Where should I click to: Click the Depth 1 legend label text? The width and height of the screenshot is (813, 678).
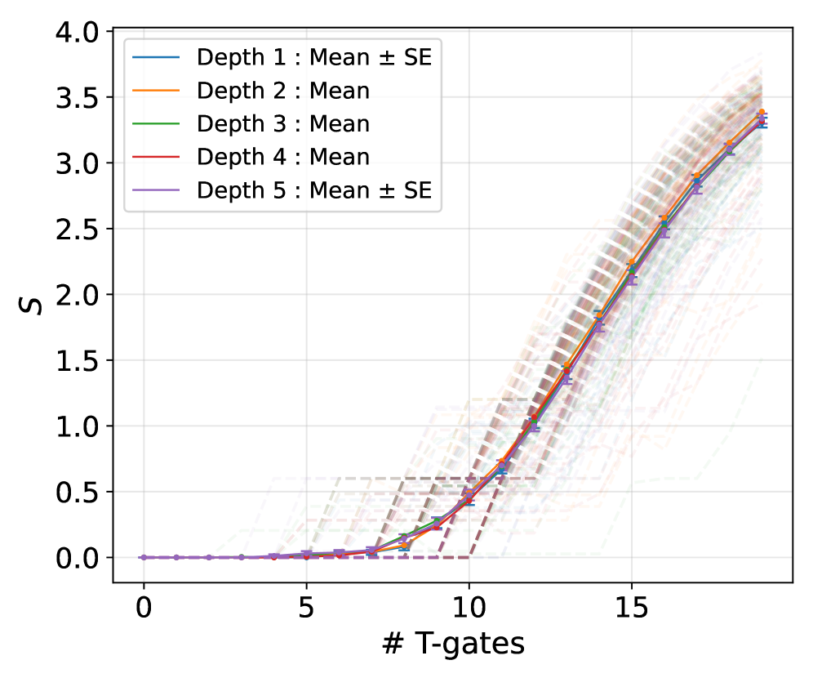[x=313, y=57]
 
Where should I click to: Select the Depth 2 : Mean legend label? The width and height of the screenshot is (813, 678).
[x=283, y=91]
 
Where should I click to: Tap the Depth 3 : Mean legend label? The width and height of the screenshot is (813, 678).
[x=283, y=124]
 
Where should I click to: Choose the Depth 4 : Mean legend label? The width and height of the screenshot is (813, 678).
[x=283, y=157]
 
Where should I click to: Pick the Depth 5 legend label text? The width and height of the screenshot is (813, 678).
[x=313, y=190]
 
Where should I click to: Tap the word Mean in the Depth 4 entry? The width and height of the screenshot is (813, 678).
[x=337, y=157]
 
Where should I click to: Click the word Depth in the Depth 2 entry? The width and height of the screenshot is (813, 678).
[x=226, y=91]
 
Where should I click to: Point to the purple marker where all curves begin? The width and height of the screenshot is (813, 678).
[x=144, y=557]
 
